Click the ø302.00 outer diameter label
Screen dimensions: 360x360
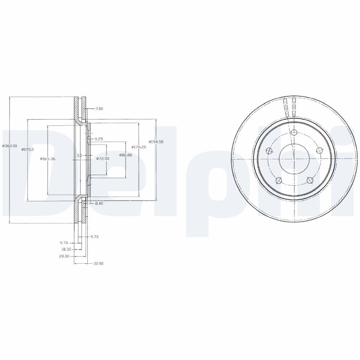pos(9,146)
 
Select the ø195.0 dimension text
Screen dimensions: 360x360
pos(28,149)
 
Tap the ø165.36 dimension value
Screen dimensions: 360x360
pos(47,158)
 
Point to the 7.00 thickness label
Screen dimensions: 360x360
pos(99,108)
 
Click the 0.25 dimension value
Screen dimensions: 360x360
pos(99,139)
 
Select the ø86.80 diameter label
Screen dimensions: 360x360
pos(126,155)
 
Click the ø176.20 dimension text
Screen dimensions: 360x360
pos(138,147)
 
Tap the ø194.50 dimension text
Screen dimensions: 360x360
pos(156,142)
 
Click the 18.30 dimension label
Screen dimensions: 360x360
pos(66,249)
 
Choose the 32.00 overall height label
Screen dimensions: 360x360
pos(98,263)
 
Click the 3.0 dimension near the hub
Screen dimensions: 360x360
pos(79,155)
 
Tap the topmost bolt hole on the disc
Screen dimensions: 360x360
pos(294,132)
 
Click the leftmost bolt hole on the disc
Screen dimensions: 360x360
pos(269,151)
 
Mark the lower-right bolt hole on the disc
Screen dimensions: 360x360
pos(310,180)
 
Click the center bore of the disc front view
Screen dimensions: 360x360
pos(294,158)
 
